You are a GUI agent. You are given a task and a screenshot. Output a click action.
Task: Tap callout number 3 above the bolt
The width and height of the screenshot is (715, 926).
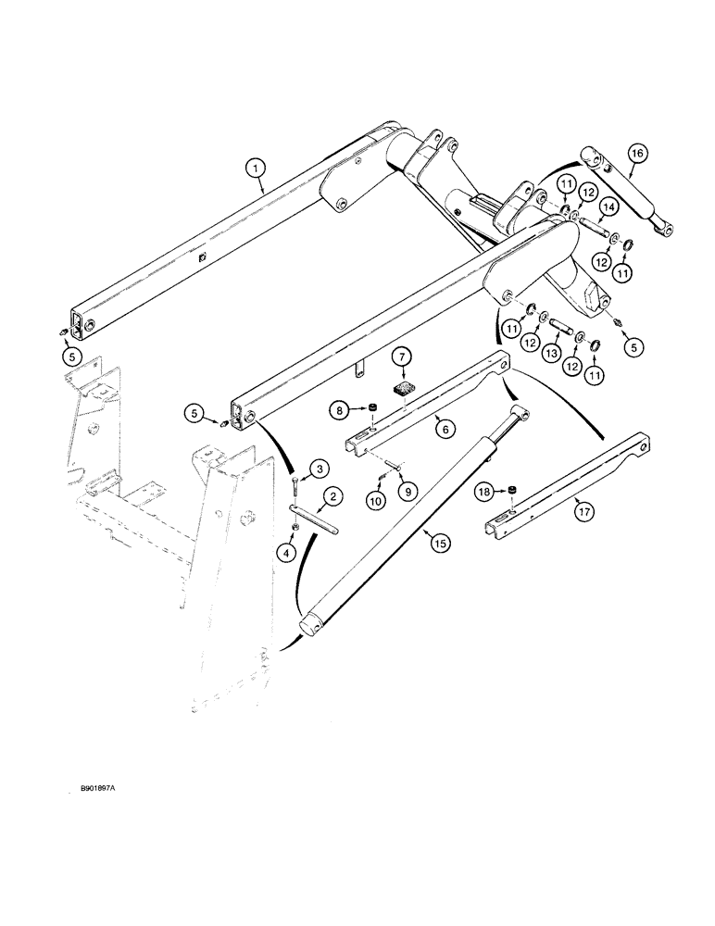[x=317, y=469]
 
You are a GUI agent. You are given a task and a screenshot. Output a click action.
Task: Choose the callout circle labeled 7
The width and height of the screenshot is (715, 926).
[x=400, y=356]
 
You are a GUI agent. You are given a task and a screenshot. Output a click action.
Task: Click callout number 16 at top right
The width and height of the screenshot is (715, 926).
[x=636, y=153]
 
